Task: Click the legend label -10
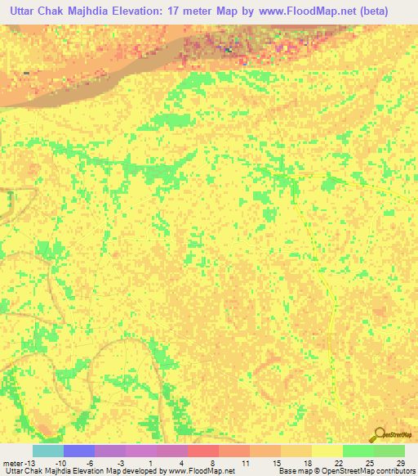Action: [60, 463]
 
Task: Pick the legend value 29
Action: [399, 463]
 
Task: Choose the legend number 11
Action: [244, 463]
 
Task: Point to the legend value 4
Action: [182, 463]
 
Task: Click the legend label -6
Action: [91, 463]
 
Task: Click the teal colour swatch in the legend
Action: [47, 451]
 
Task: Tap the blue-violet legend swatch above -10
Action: [78, 451]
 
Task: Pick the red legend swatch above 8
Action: [202, 451]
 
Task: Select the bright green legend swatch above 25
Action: [358, 451]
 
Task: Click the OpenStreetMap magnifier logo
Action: [380, 436]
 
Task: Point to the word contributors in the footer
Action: [394, 472]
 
